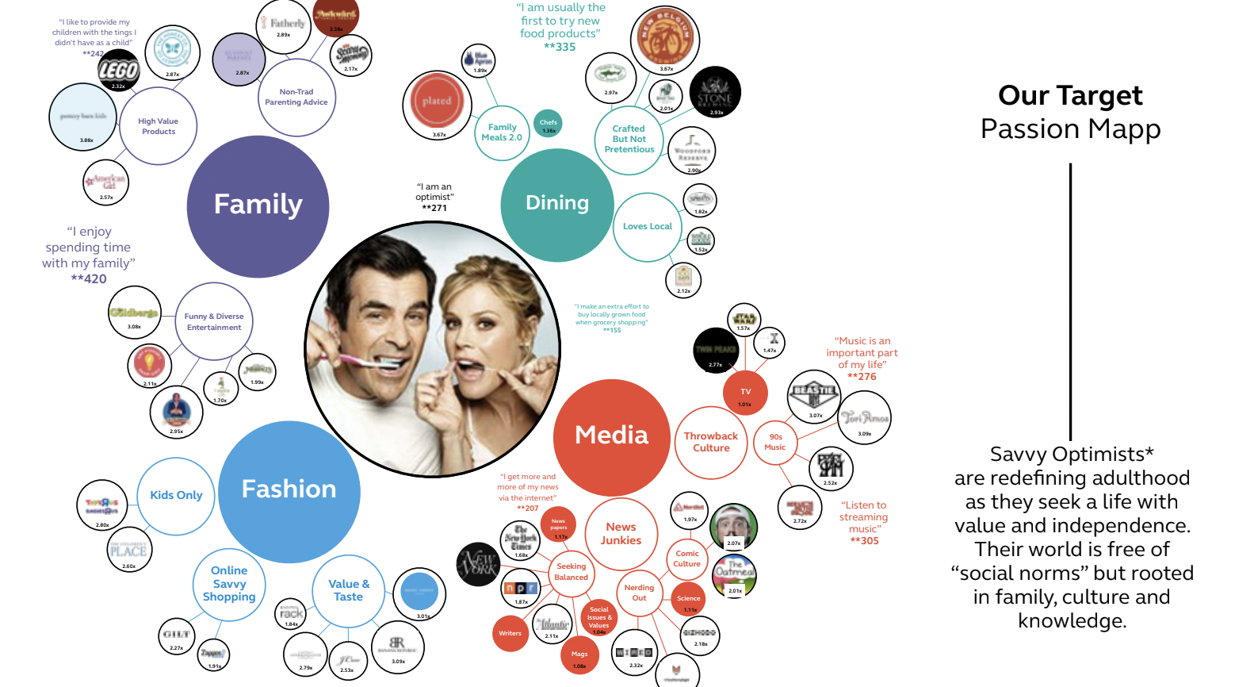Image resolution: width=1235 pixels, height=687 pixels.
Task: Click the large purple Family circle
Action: (x=258, y=206)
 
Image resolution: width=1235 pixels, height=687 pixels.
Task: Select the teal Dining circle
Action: (x=556, y=204)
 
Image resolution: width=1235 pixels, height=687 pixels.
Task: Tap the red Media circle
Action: (x=611, y=437)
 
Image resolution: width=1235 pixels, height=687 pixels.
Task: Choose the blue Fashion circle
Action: (x=289, y=491)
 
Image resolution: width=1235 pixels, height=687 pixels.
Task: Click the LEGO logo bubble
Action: (x=118, y=71)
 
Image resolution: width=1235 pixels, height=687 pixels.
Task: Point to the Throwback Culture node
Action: (x=711, y=443)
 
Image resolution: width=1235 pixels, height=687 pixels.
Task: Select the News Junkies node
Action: (x=621, y=534)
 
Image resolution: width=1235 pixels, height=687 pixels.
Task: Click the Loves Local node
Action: (x=648, y=227)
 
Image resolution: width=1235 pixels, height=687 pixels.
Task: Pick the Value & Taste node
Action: (x=349, y=591)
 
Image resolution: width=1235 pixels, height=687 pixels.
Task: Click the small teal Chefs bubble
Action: (x=548, y=124)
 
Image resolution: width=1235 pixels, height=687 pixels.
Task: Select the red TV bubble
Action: (x=745, y=393)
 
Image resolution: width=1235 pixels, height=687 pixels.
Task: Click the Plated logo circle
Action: (x=437, y=102)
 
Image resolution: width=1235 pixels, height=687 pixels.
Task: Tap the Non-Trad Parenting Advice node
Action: (x=296, y=98)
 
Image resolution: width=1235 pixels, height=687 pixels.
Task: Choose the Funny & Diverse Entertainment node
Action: (x=214, y=321)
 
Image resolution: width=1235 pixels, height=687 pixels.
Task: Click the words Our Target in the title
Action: (x=1070, y=96)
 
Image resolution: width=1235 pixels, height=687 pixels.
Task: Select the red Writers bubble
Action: (x=510, y=634)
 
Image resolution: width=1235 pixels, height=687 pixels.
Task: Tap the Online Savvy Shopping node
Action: (x=229, y=585)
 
